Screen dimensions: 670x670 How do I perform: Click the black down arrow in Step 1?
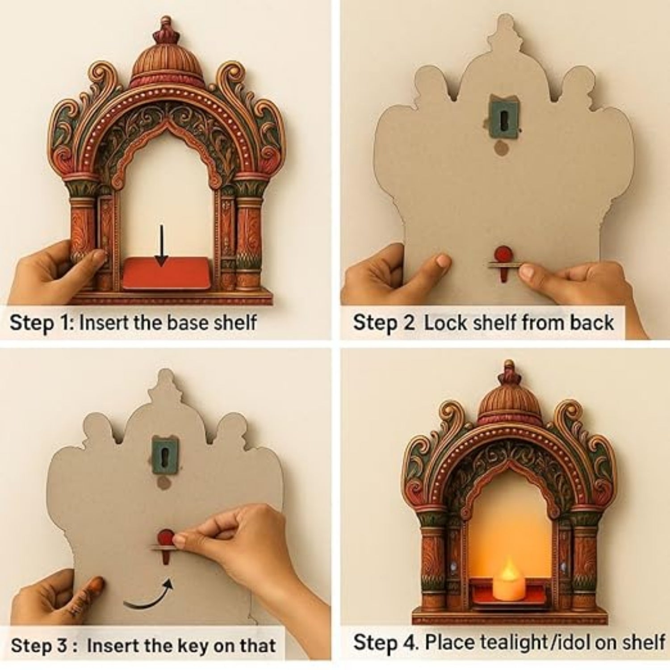161,245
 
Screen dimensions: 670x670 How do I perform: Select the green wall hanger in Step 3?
165,455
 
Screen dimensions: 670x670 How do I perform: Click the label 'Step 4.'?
386,642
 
